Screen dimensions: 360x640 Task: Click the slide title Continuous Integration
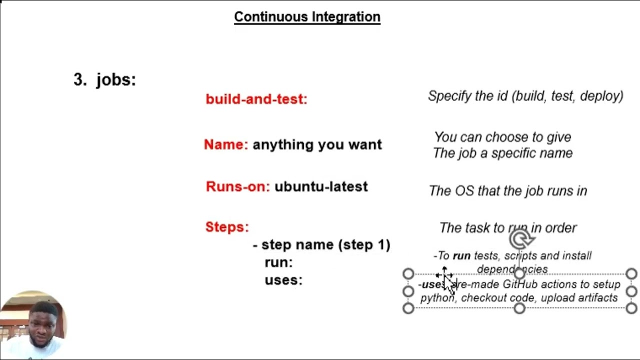pyautogui.click(x=307, y=17)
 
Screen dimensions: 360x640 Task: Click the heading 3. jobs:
pyautogui.click(x=104, y=79)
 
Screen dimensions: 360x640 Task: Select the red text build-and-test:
pyautogui.click(x=256, y=99)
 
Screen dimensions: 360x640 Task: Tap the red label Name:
pyautogui.click(x=225, y=144)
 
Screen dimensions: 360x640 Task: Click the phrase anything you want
pyautogui.click(x=317, y=144)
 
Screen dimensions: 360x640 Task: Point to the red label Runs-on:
pyautogui.click(x=237, y=186)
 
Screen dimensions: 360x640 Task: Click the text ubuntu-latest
pyautogui.click(x=321, y=186)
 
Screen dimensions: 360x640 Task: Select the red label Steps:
pyautogui.click(x=227, y=227)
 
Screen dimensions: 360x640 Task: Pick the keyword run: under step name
pyautogui.click(x=278, y=262)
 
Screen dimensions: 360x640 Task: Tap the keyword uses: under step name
pyautogui.click(x=283, y=280)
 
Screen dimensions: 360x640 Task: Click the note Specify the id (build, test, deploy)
pyautogui.click(x=525, y=96)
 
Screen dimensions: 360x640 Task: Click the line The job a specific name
pyautogui.click(x=502, y=153)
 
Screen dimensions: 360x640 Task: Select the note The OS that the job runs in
pyautogui.click(x=507, y=191)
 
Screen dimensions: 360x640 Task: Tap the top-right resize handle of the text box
pyautogui.click(x=631, y=274)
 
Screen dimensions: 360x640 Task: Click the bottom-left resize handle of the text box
pyautogui.click(x=408, y=308)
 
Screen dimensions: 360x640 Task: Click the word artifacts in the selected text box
pyautogui.click(x=597, y=298)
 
